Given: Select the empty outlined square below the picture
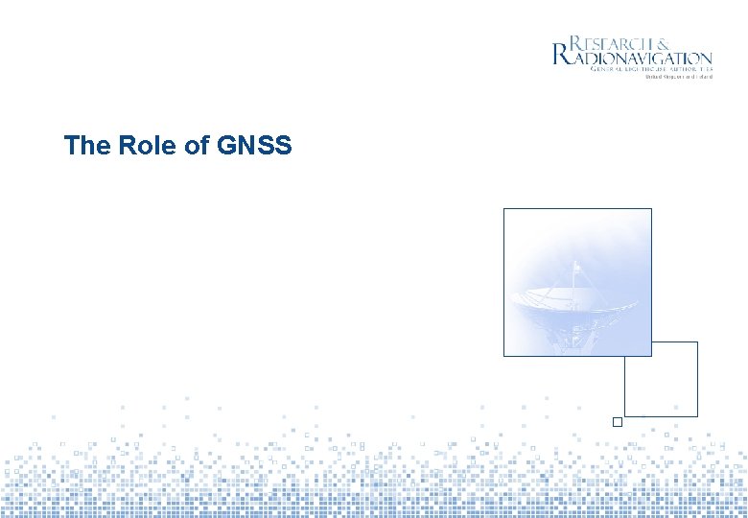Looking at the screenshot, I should [661, 379].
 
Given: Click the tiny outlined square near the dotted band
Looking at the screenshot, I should [618, 422].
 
